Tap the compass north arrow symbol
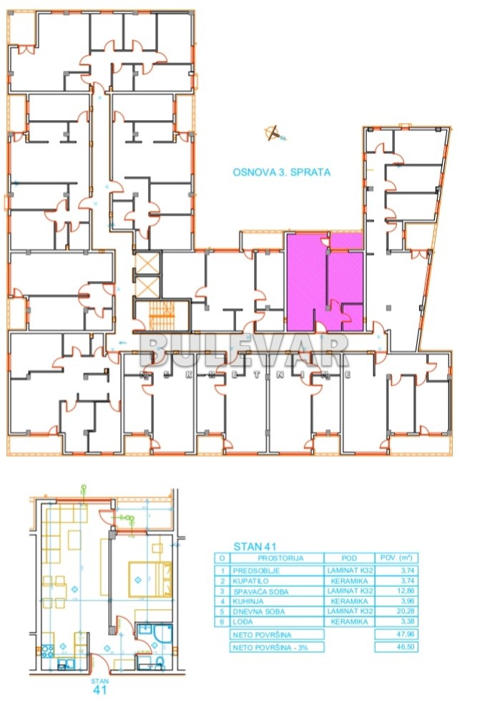tap(273, 133)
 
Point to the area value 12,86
tap(396, 591)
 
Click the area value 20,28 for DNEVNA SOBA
tap(396, 611)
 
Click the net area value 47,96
tap(396, 634)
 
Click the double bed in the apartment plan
tap(149, 578)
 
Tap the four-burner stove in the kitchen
tap(49, 652)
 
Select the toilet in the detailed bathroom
tap(160, 663)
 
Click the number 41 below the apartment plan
tap(100, 691)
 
